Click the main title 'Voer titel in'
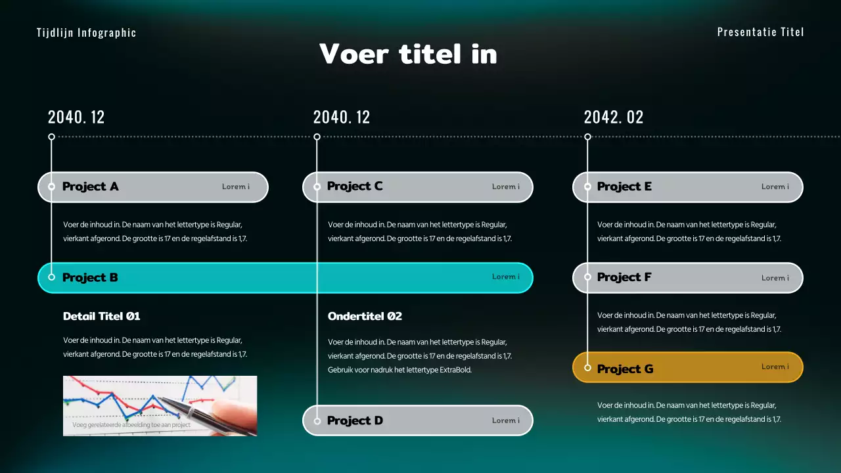(x=408, y=54)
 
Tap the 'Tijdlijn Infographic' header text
(x=87, y=33)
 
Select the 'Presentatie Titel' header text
(x=760, y=32)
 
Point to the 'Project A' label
(x=90, y=187)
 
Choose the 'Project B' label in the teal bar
(x=90, y=277)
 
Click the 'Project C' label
(x=355, y=187)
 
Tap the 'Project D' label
(x=355, y=420)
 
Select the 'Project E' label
(x=624, y=187)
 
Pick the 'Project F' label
(x=624, y=277)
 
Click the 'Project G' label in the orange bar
(x=625, y=369)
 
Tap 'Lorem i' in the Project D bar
(x=506, y=420)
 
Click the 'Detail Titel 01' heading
(x=102, y=316)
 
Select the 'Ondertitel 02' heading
(x=365, y=316)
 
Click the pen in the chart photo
(x=191, y=411)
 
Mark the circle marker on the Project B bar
(x=52, y=277)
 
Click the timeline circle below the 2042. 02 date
(x=588, y=137)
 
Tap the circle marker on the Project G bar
(x=588, y=368)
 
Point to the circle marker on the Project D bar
(x=317, y=420)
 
